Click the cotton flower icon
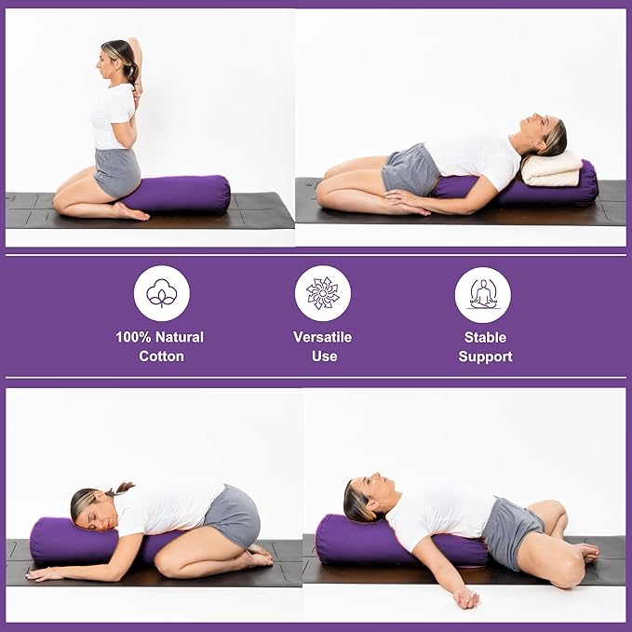[x=162, y=293]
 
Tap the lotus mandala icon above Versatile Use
[x=322, y=293]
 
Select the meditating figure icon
[x=483, y=294]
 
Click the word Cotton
[x=162, y=356]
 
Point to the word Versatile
[x=323, y=337]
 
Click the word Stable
[x=485, y=337]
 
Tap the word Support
[x=485, y=356]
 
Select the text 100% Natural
[x=160, y=337]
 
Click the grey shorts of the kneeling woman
[x=118, y=172]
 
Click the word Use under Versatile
[x=324, y=356]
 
